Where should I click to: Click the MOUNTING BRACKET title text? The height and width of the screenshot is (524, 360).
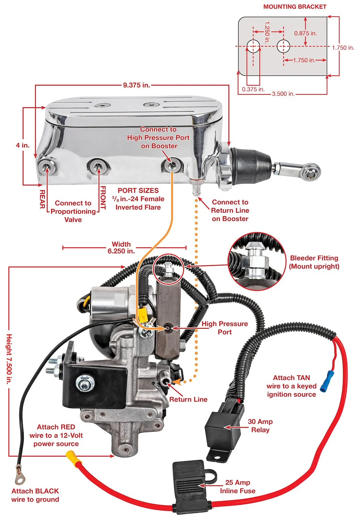coord(295,7)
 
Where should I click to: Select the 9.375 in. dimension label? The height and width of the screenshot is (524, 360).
coord(136,85)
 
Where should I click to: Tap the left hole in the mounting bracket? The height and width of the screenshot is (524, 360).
coord(253,46)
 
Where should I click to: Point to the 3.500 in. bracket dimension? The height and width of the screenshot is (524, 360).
coord(283,94)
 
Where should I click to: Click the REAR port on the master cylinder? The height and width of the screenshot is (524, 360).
coord(47,167)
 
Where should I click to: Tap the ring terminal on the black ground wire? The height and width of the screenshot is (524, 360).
coord(19,476)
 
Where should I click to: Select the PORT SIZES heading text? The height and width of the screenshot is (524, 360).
coord(138,190)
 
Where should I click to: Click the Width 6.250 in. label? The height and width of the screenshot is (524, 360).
coord(121,247)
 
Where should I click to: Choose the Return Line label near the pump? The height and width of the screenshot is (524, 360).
coord(188,399)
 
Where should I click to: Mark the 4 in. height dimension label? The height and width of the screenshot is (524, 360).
coord(23,145)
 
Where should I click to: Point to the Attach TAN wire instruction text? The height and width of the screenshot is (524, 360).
coord(291,386)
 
